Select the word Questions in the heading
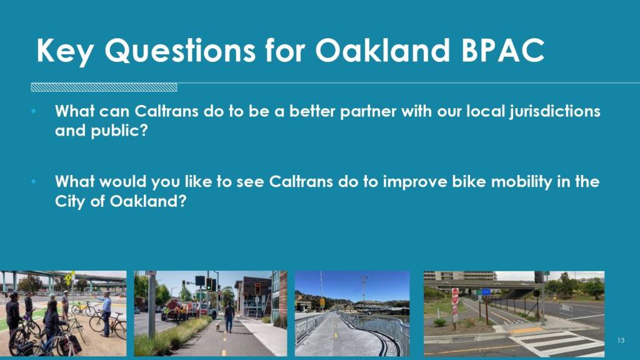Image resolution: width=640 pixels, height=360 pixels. [x=180, y=51]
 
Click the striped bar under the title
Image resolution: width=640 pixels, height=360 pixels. [x=104, y=87]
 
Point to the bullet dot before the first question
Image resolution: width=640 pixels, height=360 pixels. [x=34, y=111]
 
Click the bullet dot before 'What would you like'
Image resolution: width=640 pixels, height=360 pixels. [x=34, y=181]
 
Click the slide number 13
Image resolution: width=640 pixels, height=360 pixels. [x=621, y=341]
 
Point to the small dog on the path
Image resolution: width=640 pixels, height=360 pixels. [x=217, y=327]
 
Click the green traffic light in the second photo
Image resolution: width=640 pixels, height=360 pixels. [x=208, y=284]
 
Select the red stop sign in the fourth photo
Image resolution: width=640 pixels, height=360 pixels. [x=455, y=296]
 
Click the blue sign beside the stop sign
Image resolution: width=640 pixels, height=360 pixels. [x=486, y=292]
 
